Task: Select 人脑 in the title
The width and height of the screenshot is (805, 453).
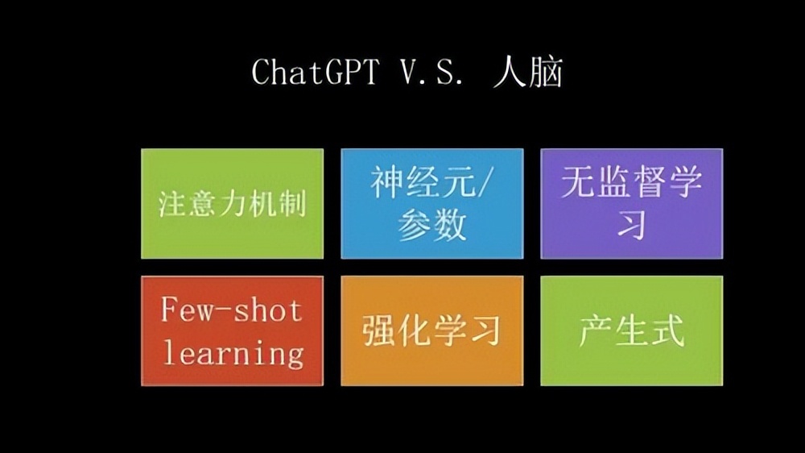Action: point(528,73)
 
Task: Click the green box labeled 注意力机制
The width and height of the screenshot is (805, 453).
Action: point(232,203)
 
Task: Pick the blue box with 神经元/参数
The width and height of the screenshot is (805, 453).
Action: point(432,203)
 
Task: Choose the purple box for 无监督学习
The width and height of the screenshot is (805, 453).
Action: point(631,203)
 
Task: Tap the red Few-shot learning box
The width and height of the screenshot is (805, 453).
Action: point(232,330)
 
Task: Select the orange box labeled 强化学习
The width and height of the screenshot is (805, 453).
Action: point(432,330)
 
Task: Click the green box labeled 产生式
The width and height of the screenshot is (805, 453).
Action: point(631,330)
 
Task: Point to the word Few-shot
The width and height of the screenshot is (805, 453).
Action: point(232,310)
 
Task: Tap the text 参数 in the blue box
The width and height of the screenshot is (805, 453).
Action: point(432,226)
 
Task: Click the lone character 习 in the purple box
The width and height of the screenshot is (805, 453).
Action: point(631,225)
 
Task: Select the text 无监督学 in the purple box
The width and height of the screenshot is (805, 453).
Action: point(631,183)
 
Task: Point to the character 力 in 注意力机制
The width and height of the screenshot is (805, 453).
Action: point(232,203)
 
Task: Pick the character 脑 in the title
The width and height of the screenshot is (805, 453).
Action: point(546,73)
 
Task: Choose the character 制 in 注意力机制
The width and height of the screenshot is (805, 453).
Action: point(291,203)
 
